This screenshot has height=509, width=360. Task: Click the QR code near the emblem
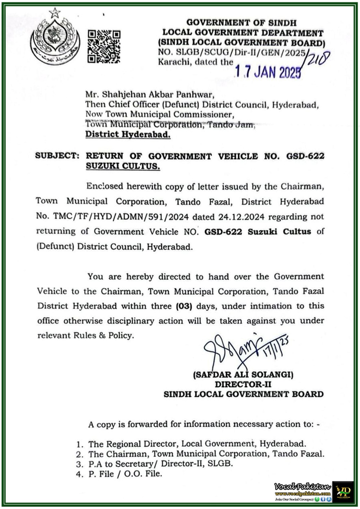coord(104,46)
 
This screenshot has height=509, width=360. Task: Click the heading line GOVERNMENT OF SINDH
coord(241,23)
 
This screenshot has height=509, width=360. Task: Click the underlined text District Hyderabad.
coord(128,135)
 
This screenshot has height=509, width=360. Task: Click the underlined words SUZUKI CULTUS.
coord(123,166)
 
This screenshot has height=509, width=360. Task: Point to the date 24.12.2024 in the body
coord(241,217)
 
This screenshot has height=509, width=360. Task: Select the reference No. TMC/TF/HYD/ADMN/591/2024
coord(112,217)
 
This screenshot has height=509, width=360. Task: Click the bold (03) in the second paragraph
coord(184,306)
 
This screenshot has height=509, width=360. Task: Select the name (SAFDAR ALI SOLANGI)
coord(243,374)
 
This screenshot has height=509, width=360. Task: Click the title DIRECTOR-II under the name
coord(243,384)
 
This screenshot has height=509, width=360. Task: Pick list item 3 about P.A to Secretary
coord(160,464)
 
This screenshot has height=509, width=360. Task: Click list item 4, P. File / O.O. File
coord(125,474)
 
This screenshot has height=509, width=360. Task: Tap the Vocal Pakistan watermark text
coord(302,486)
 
